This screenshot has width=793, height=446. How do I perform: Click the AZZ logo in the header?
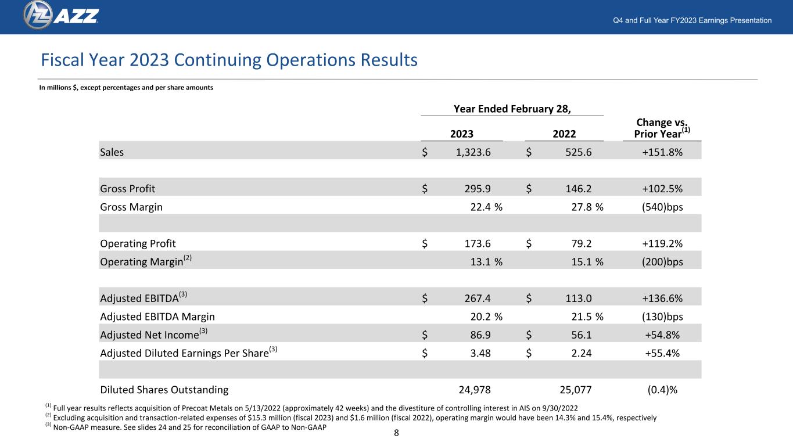(61, 15)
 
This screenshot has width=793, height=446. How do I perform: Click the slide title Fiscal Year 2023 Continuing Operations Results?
(229, 60)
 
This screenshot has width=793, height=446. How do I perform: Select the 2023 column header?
(462, 134)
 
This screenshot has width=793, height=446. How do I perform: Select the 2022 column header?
(564, 134)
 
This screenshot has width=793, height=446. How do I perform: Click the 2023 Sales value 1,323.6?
(473, 152)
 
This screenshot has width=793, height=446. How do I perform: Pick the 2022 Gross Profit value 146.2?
(579, 189)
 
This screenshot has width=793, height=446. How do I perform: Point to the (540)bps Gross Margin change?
(662, 207)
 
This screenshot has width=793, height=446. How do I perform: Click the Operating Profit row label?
(138, 243)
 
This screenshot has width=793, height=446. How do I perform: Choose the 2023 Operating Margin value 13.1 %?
(486, 262)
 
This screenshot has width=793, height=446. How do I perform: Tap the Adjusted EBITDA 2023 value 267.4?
(478, 298)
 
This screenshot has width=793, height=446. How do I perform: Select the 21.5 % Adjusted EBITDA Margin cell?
(587, 317)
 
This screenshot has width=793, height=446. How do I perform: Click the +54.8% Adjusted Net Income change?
(662, 335)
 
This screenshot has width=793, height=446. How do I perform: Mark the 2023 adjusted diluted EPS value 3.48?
(480, 353)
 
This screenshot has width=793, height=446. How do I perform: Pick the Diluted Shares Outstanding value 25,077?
(576, 390)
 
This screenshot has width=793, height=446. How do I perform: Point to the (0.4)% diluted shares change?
(662, 390)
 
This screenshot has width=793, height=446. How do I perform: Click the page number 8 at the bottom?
(396, 433)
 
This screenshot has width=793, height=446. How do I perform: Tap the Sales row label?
(112, 152)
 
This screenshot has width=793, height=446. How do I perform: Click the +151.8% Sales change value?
(662, 152)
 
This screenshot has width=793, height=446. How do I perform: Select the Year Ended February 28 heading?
(512, 109)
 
